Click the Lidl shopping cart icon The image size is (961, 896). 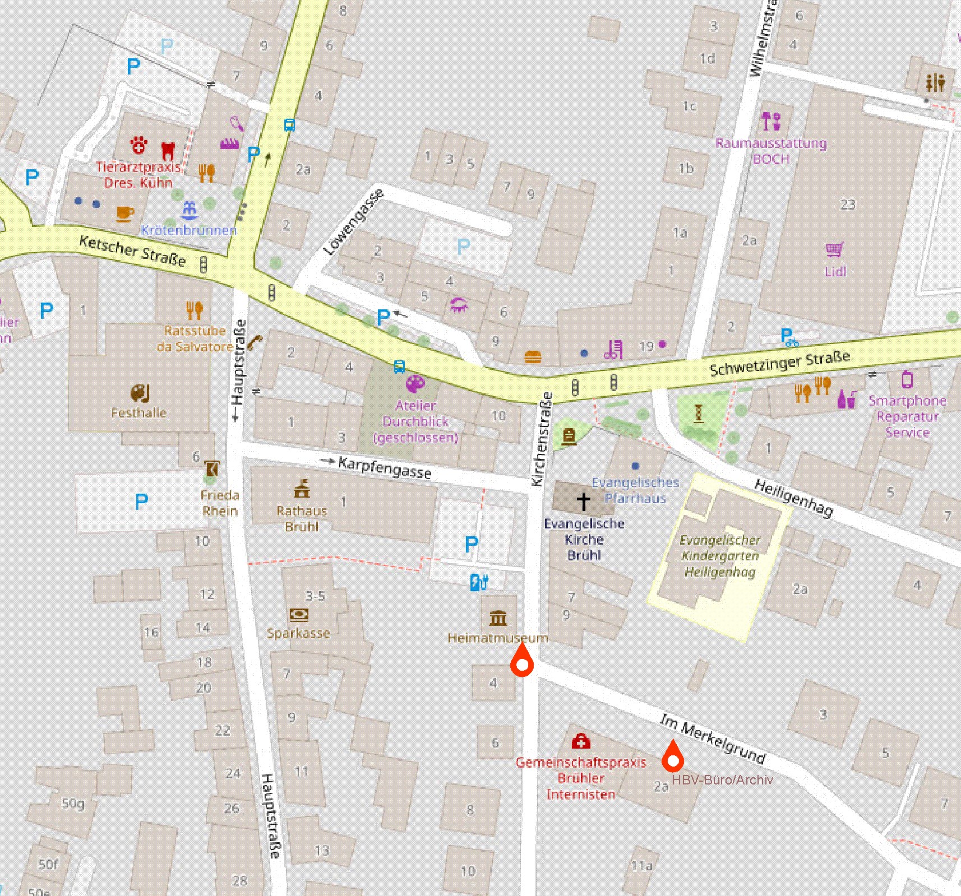[835, 250]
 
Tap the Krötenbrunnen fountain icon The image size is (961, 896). [190, 211]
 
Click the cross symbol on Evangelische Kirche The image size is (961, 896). [583, 500]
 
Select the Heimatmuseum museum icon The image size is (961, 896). [498, 618]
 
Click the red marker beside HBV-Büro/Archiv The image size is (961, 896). [672, 758]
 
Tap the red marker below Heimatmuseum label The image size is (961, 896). [522, 661]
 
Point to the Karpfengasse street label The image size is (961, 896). [385, 467]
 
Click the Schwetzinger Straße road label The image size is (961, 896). [779, 364]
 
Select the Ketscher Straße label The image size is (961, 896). [132, 250]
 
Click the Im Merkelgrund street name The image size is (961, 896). [712, 739]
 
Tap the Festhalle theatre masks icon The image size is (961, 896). [140, 393]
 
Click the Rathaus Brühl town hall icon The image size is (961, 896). [302, 489]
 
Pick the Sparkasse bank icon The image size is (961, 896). [299, 615]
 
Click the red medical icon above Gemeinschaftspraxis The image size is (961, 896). [580, 741]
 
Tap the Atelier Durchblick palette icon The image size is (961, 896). [415, 384]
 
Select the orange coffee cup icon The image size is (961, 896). [125, 213]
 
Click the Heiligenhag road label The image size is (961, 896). [793, 498]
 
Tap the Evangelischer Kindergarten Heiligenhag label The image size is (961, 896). [720, 556]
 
